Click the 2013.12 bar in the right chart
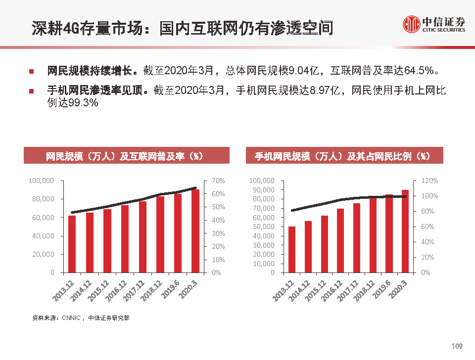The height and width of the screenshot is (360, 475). pyautogui.click(x=292, y=249)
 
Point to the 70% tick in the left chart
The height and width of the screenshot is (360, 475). pyautogui.click(x=218, y=181)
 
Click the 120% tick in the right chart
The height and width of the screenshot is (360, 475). pyautogui.click(x=428, y=181)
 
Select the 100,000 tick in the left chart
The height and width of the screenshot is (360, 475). pyautogui.click(x=41, y=181)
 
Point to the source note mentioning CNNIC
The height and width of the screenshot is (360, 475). pyautogui.click(x=81, y=317)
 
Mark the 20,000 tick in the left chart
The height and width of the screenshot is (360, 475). pyautogui.click(x=44, y=254)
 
